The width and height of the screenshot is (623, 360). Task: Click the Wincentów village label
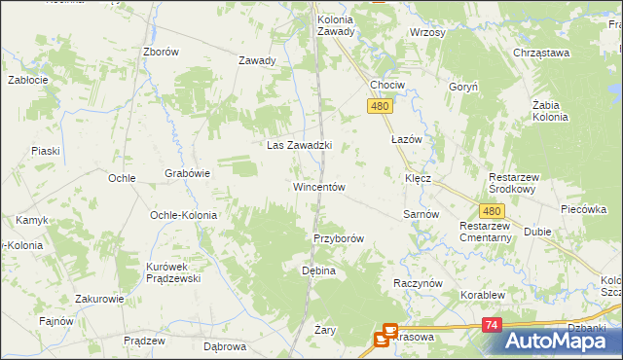point(318,187)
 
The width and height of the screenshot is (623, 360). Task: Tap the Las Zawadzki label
point(300,146)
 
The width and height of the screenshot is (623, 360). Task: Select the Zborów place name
point(161,53)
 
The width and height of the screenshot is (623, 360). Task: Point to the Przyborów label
point(338,238)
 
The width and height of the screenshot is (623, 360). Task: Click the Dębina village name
point(318,270)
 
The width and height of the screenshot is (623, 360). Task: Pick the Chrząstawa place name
point(542,54)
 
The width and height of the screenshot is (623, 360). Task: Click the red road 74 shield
point(493,325)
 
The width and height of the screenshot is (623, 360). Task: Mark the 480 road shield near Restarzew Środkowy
point(493,210)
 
